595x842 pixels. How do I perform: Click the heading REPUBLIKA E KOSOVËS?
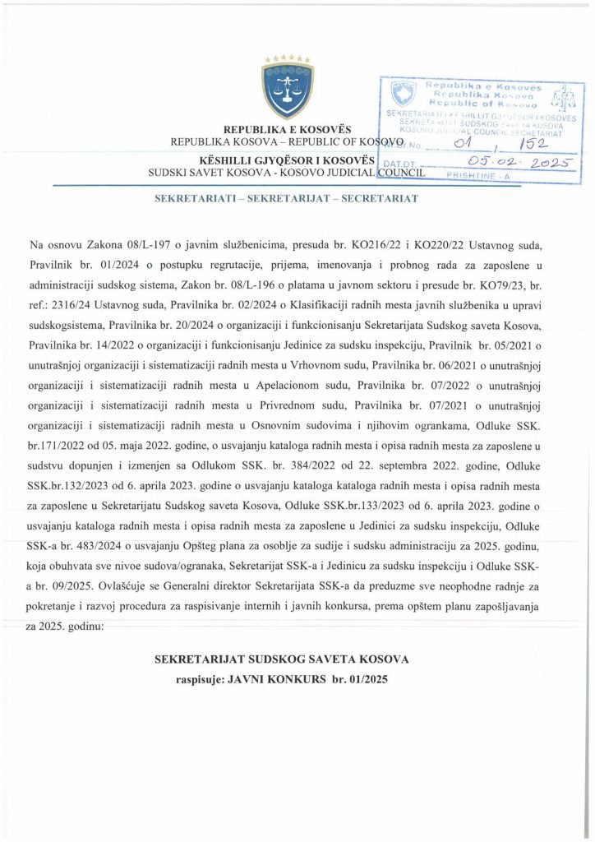287,130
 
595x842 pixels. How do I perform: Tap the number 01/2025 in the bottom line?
369,680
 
